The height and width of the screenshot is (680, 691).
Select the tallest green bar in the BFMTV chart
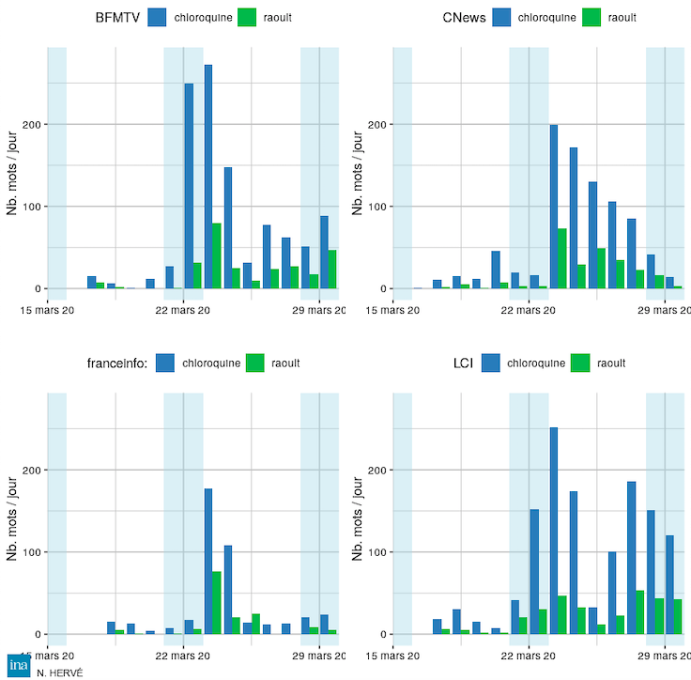217,255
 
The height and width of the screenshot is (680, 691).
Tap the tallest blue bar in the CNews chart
554,207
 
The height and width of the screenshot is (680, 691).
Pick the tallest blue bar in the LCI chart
554,531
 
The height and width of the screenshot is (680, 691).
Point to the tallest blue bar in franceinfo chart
208,561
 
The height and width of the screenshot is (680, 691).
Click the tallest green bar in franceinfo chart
217,602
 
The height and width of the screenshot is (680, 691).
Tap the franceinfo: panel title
115,363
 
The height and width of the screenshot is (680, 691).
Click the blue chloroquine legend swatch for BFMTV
157,17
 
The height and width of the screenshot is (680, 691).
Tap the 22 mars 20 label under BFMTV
184,310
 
